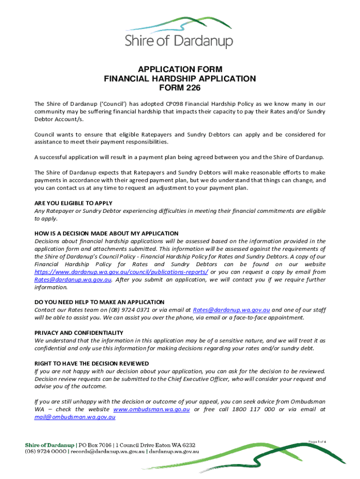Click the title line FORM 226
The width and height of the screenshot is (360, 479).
180,87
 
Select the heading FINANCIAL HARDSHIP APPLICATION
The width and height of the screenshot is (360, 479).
180,79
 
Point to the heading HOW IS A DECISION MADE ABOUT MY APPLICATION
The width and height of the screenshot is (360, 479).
107,233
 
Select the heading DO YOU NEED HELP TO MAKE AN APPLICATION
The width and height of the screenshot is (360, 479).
99,302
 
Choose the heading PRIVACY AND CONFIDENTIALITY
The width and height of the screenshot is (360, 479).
79,333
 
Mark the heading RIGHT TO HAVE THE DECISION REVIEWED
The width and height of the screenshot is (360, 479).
92,363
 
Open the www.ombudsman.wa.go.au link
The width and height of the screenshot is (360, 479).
151,409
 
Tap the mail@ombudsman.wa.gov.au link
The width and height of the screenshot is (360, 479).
75,417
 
